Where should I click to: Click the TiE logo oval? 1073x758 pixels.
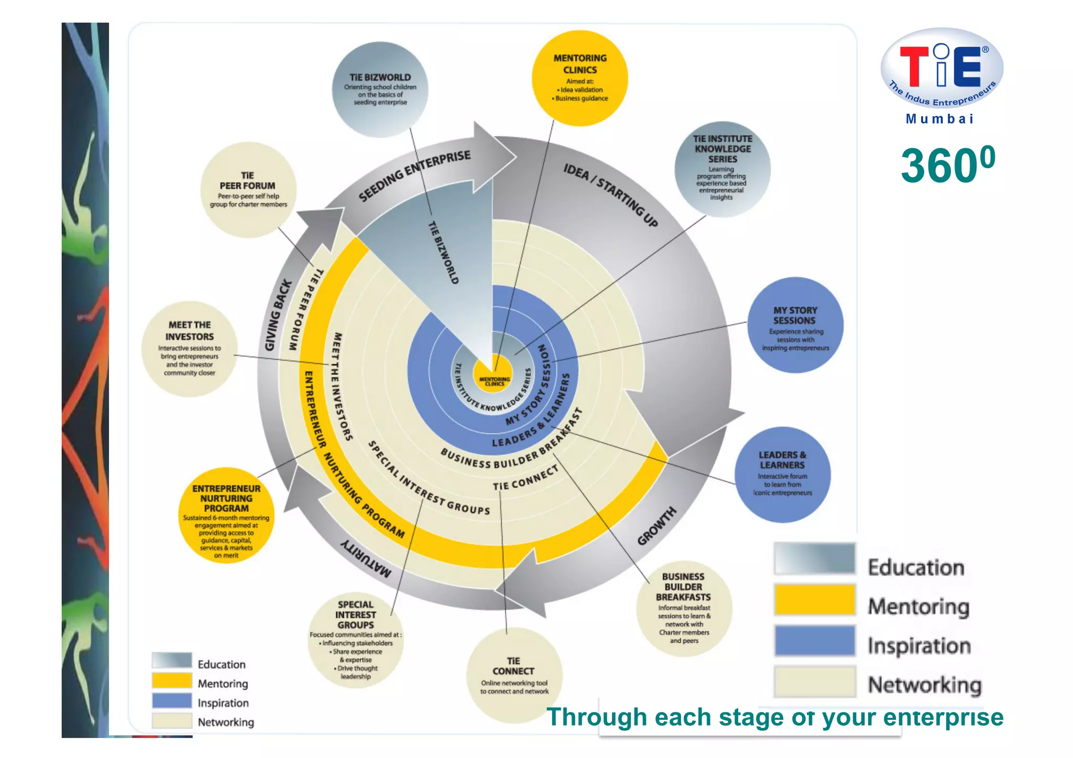941,68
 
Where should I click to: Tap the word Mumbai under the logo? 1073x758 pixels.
939,119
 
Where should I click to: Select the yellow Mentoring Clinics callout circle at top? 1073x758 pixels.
580,78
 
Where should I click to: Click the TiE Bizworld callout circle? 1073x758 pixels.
380,90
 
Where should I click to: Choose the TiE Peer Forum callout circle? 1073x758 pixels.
248,190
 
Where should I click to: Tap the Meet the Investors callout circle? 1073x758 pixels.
190,348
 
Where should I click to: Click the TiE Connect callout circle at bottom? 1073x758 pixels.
514,676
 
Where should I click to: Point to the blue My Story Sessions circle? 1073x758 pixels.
795,325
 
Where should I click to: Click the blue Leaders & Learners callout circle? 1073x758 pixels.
782,474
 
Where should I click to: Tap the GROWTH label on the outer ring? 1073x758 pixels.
657,526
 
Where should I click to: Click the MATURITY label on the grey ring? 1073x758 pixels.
366,558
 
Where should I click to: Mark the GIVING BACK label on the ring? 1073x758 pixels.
278,315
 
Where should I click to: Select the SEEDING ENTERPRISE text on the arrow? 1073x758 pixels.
414,175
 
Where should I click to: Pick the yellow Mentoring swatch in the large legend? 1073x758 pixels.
815,600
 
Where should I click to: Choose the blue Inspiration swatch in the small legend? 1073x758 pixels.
172,701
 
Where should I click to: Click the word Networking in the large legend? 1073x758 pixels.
925,685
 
